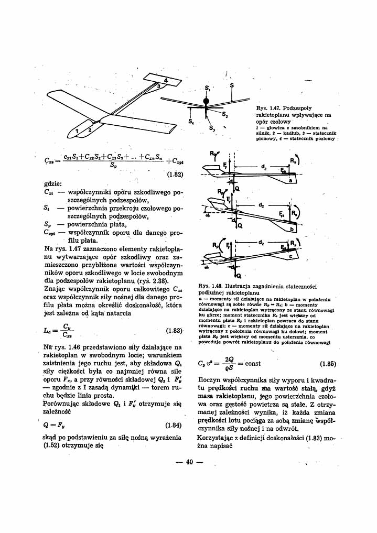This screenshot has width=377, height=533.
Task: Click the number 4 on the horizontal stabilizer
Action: pyautogui.click(x=166, y=80)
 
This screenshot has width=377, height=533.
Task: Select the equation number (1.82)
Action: pyautogui.click(x=173, y=175)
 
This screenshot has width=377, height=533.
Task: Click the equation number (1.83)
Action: pyautogui.click(x=173, y=331)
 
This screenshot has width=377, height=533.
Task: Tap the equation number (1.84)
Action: pyautogui.click(x=173, y=425)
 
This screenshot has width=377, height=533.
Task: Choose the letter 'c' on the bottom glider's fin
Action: pyautogui.click(x=290, y=257)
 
